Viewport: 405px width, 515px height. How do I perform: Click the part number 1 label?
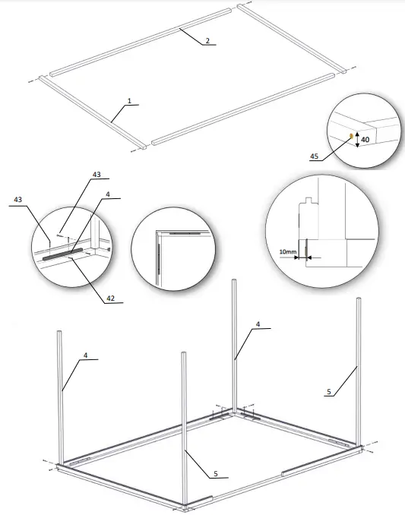(130, 101)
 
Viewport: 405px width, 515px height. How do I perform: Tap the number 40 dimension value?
(365, 139)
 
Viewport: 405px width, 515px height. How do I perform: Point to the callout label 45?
(315, 156)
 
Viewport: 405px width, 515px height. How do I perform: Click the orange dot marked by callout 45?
(350, 137)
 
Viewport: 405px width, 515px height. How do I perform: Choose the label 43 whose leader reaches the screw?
(97, 175)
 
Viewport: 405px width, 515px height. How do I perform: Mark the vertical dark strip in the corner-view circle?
(158, 254)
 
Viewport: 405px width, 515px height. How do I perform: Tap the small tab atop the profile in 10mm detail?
(305, 201)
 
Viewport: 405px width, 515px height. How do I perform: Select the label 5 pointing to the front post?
(215, 473)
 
